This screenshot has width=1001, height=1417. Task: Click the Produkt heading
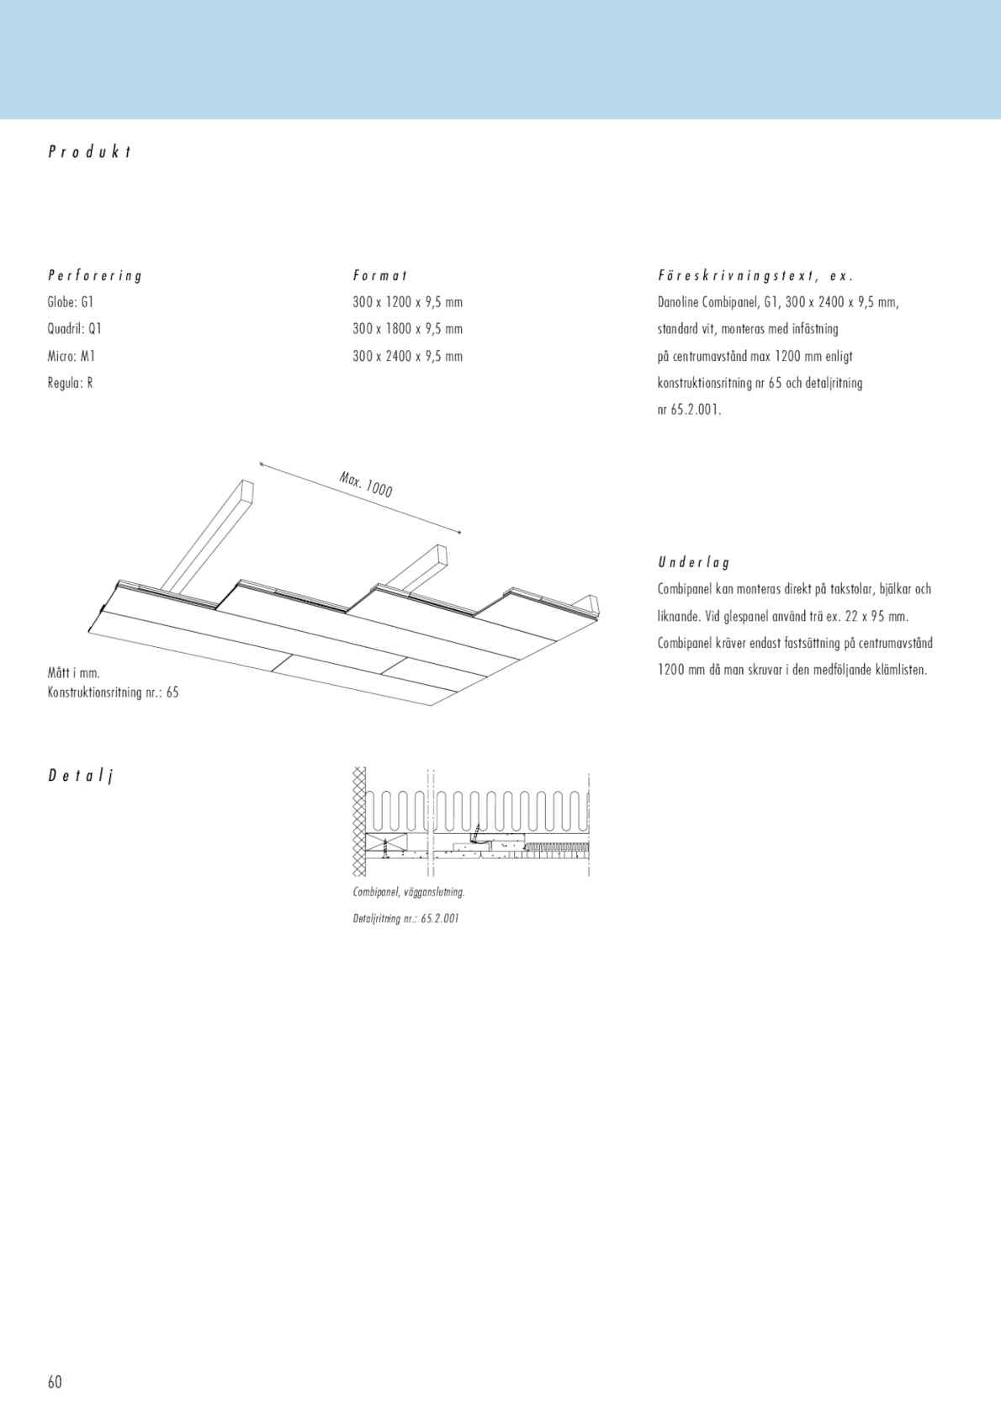(89, 152)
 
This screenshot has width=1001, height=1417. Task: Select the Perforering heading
(95, 275)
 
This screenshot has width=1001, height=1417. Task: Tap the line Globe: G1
(70, 302)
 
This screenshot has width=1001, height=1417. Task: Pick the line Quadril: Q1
(74, 329)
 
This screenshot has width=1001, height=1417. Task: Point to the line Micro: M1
(71, 356)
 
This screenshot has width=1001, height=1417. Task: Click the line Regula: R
(70, 383)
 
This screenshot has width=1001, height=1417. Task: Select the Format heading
(380, 275)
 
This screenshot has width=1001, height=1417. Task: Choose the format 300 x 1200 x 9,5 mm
(407, 302)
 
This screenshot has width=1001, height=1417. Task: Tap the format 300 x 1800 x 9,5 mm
(407, 329)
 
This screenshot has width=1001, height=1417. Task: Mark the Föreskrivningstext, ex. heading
(755, 275)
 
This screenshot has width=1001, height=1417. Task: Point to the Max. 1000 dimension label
(366, 485)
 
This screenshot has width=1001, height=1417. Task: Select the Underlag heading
(694, 562)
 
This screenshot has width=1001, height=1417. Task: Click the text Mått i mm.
(74, 673)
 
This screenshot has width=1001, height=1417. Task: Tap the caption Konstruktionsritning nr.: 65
(113, 693)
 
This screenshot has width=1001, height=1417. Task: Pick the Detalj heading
(80, 776)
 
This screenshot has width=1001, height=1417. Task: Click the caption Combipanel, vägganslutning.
(408, 892)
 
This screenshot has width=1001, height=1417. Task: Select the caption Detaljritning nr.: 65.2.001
(405, 918)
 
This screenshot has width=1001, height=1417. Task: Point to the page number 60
(55, 1382)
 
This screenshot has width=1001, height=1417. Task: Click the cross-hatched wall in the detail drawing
(359, 820)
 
